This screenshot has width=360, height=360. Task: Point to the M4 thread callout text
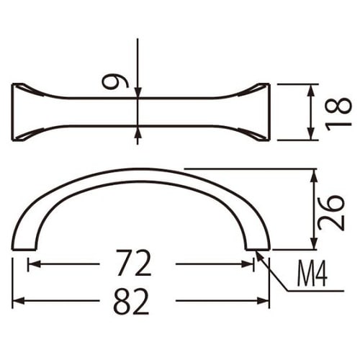(x=312, y=274)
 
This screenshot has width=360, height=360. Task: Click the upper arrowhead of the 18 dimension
(x=312, y=88)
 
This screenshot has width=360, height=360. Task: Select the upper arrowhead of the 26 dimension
(x=314, y=174)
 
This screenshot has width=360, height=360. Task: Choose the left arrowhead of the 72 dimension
(x=32, y=264)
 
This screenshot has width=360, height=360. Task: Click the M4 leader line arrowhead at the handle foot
(x=258, y=254)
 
